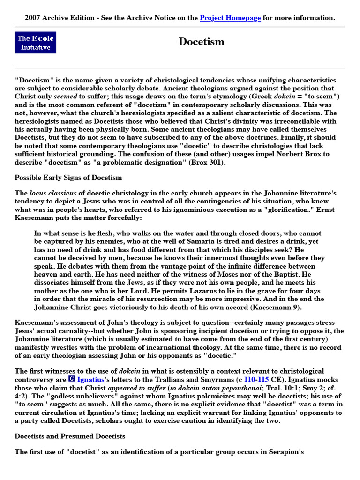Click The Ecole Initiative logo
tap(36, 43)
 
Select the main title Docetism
tap(201, 42)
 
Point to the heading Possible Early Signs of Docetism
tap(68, 177)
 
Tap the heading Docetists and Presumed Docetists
tap(70, 436)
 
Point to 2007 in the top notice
tap(33, 18)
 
